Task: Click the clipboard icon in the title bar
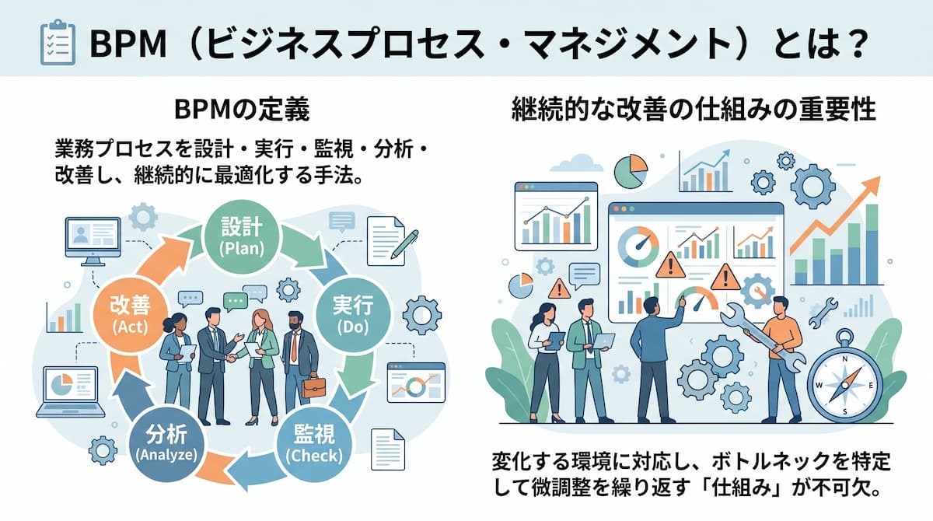[58, 42]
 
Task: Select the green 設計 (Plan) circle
[242, 236]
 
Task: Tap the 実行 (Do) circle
[353, 315]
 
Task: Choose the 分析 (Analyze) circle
[166, 444]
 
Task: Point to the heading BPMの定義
[242, 110]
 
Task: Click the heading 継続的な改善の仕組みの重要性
[694, 110]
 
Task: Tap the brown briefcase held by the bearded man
[313, 387]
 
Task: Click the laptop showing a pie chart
[71, 392]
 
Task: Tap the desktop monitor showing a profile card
[93, 242]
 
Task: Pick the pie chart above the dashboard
[631, 172]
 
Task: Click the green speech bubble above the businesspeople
[236, 302]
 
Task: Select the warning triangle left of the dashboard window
[559, 288]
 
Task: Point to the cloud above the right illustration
[576, 163]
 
